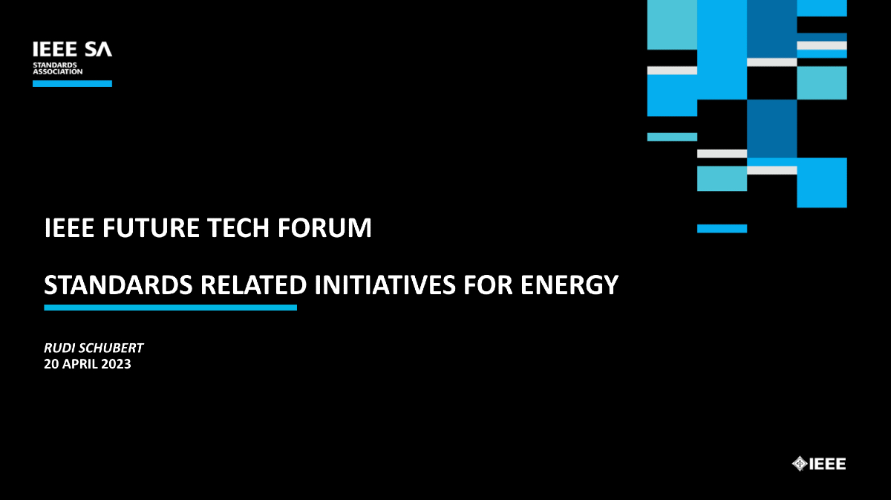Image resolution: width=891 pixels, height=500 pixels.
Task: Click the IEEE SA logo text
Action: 72,50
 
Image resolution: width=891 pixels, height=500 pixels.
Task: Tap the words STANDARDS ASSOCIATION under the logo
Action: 57,68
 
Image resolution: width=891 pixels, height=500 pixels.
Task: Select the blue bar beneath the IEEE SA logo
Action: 72,84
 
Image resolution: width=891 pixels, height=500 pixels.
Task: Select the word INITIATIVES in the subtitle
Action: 386,285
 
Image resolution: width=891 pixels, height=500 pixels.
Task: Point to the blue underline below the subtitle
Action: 170,308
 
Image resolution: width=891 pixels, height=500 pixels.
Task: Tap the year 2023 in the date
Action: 117,364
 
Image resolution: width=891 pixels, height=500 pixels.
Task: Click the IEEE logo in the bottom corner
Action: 819,464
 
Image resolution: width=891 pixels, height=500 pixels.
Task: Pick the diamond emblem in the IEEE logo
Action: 800,464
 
